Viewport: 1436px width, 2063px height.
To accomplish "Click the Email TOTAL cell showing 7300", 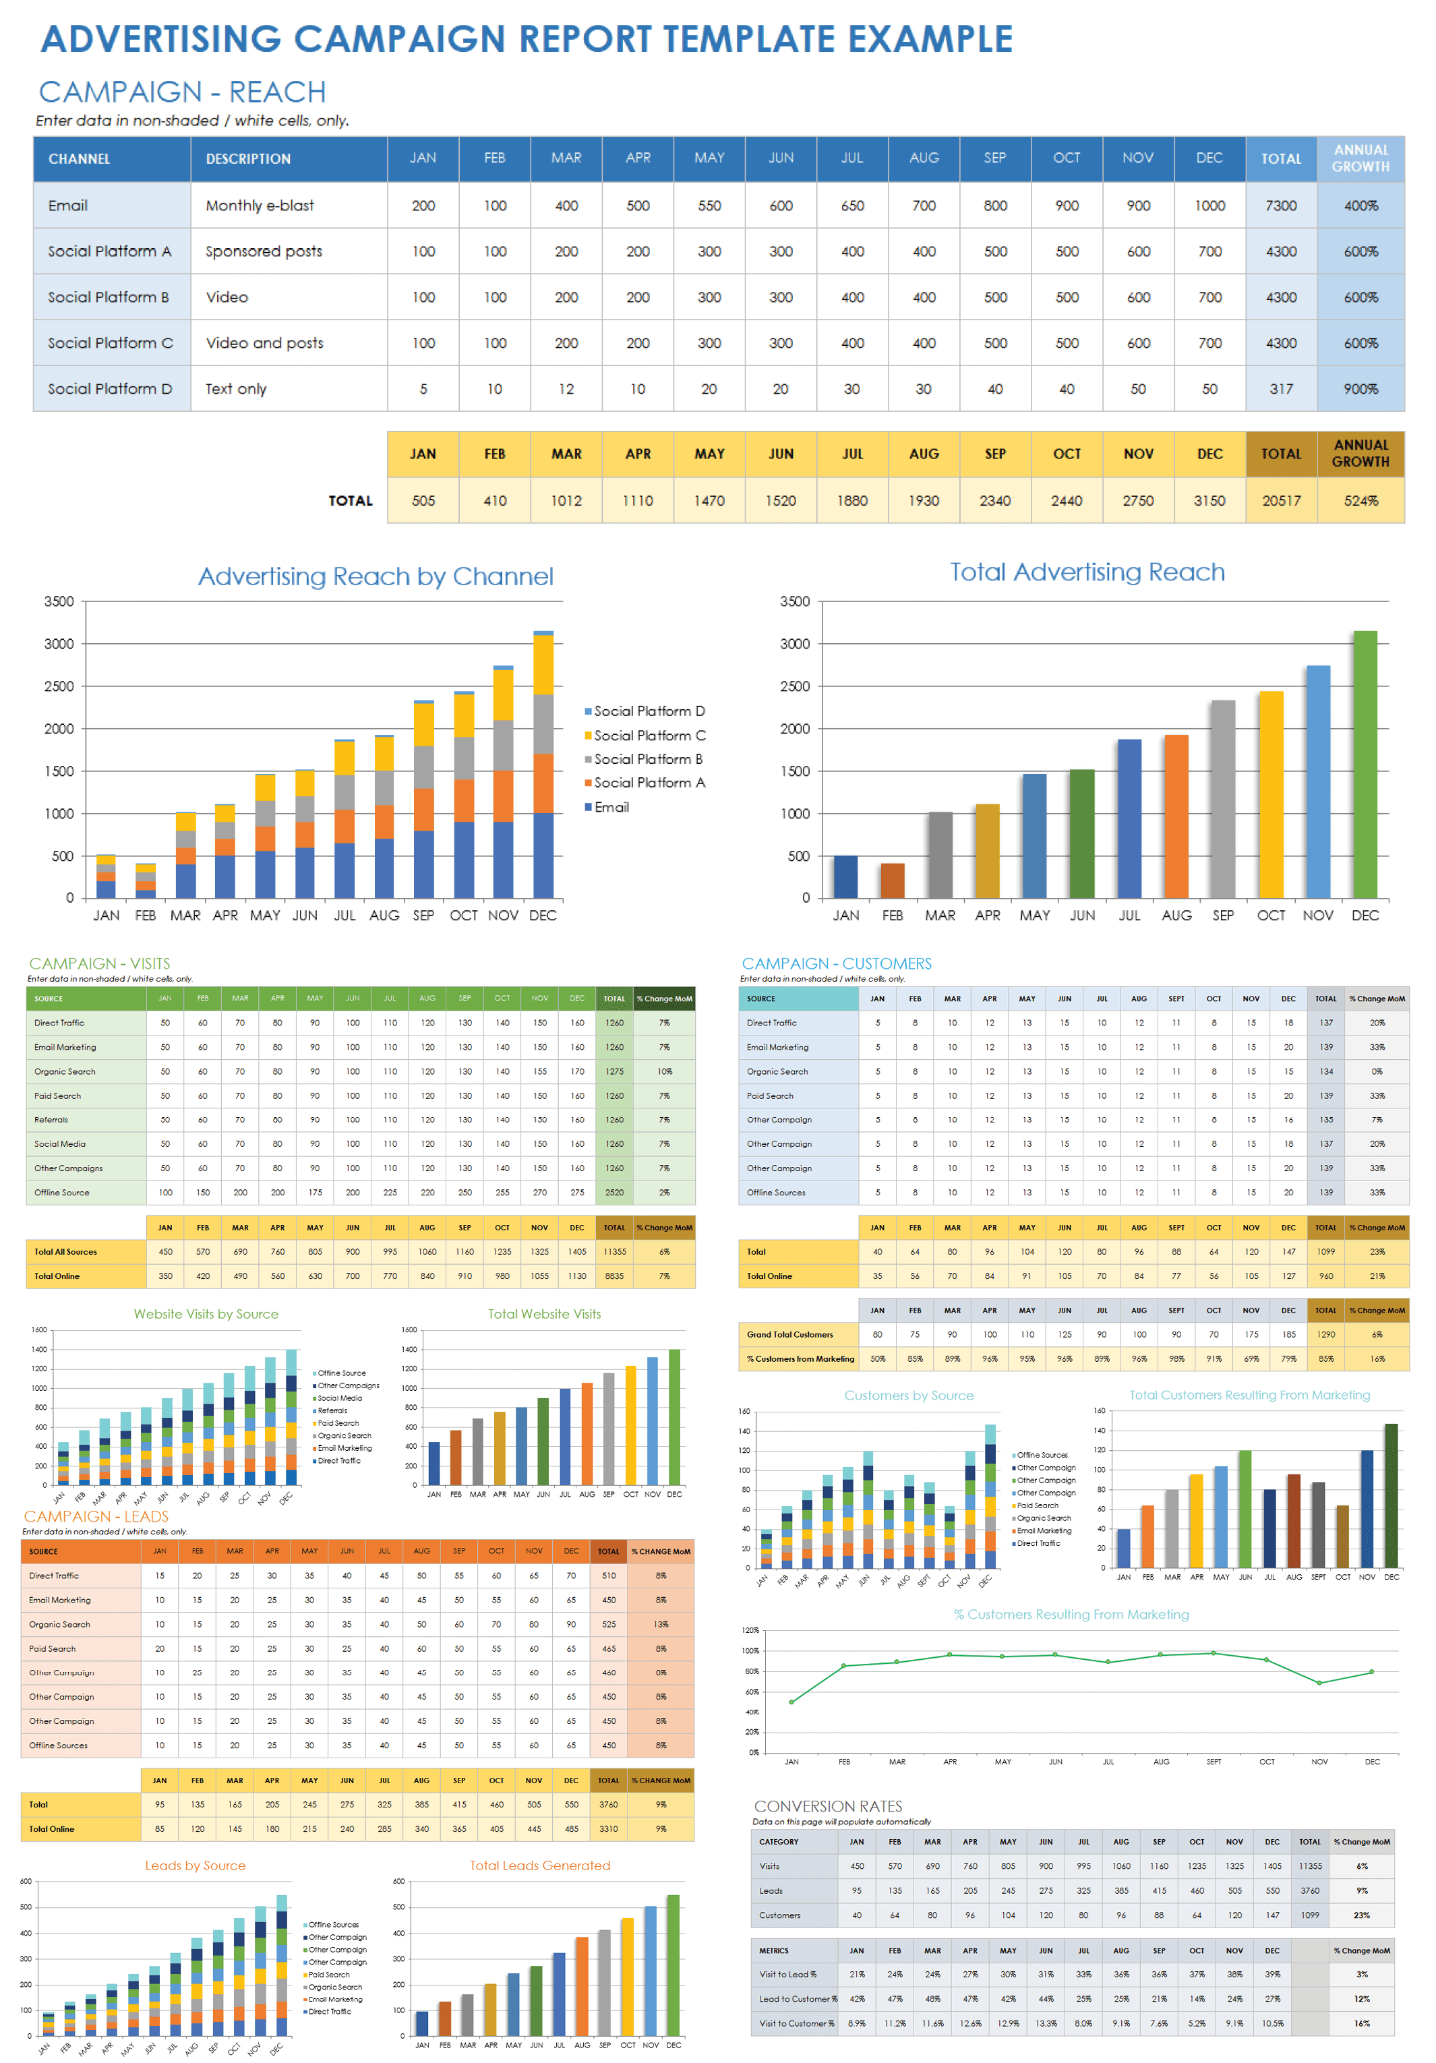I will pos(1280,206).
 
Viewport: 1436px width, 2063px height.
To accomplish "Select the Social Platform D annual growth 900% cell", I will pos(1360,389).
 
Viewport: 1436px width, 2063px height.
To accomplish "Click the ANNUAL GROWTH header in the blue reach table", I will pos(1360,158).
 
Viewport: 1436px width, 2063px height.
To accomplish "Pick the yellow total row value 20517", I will pos(1280,500).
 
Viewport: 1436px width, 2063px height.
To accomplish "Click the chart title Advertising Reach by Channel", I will pos(376,576).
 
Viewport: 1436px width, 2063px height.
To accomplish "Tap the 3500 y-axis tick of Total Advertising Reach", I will pos(794,601).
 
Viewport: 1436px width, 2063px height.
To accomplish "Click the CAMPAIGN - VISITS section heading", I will pos(99,963).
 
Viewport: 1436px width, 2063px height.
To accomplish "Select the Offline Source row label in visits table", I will pos(62,1193).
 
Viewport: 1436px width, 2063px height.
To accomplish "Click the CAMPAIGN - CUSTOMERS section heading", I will pos(836,963).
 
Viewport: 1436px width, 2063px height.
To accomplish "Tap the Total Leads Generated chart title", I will pos(539,1865).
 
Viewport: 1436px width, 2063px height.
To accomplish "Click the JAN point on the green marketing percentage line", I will pos(791,1702).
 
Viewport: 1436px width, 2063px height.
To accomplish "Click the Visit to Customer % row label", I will pos(796,2023).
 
